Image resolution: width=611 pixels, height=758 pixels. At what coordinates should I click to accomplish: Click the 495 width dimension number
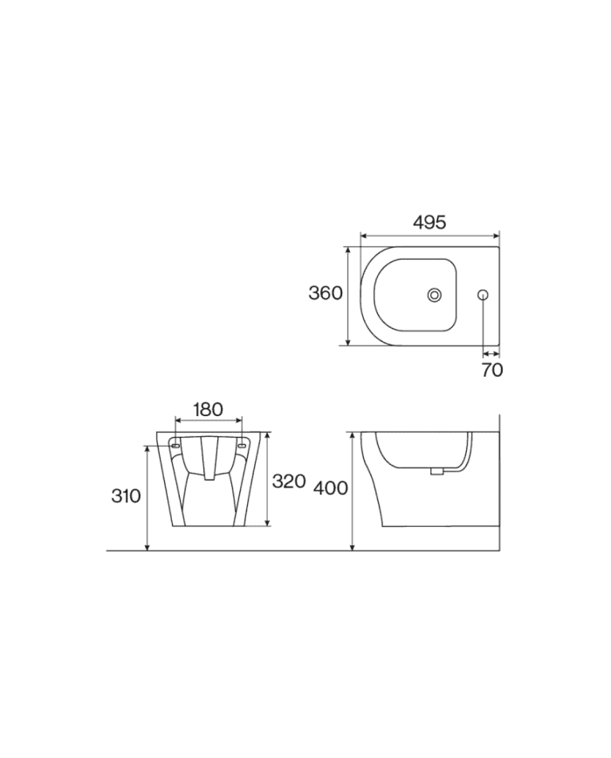(x=429, y=222)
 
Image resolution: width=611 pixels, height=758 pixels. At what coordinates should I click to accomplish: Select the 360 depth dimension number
(x=326, y=293)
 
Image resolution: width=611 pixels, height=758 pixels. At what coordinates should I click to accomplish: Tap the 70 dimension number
(x=492, y=370)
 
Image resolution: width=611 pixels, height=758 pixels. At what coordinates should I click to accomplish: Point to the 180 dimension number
(x=208, y=409)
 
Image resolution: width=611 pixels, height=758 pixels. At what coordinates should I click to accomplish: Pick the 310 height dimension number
(x=126, y=495)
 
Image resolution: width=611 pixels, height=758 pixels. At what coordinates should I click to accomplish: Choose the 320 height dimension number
(x=289, y=481)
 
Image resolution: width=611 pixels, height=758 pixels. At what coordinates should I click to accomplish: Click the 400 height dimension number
(x=331, y=488)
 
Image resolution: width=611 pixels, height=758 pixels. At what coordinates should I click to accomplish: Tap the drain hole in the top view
(x=435, y=295)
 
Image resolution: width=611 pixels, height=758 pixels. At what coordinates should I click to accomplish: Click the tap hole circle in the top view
(x=484, y=295)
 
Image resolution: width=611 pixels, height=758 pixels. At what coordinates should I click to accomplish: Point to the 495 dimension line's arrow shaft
(x=429, y=236)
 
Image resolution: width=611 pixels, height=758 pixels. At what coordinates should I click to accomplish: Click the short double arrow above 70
(x=491, y=353)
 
